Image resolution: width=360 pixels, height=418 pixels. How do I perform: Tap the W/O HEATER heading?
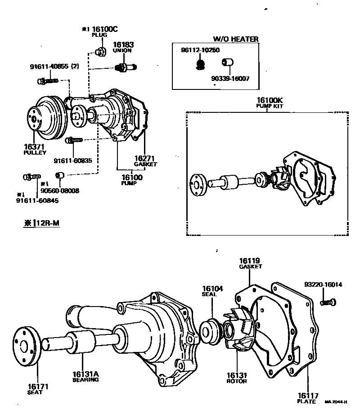236,39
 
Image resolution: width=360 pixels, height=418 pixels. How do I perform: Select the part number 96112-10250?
198,50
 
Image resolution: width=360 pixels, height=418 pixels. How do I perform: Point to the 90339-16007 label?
230,78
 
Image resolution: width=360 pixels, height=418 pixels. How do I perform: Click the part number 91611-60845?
37,200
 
